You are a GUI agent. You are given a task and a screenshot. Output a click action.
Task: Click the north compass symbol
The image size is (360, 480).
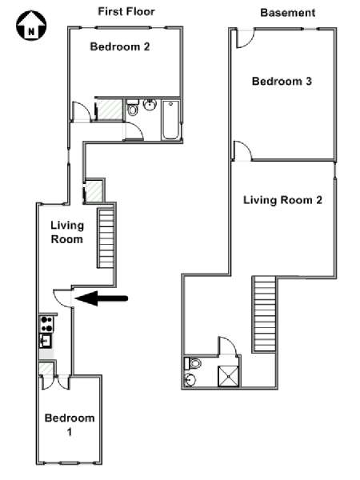(31, 25)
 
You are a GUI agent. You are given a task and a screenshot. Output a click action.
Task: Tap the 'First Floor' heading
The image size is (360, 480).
(126, 12)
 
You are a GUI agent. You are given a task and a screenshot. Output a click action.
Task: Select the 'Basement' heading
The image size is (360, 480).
(287, 13)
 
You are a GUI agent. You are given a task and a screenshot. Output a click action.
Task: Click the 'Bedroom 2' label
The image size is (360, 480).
(120, 47)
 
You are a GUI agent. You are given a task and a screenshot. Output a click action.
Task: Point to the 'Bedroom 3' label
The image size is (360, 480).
(282, 81)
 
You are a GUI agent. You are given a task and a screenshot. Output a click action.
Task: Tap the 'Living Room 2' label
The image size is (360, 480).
(282, 200)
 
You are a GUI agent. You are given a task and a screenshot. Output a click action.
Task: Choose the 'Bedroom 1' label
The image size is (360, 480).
(70, 425)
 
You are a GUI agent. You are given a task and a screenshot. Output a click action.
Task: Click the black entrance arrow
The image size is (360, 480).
(101, 298)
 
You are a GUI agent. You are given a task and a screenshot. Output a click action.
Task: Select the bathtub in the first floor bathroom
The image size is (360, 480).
(170, 120)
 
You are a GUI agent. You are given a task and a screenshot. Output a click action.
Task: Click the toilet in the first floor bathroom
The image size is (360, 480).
(133, 108)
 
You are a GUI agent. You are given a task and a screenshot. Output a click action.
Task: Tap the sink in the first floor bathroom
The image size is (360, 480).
(150, 105)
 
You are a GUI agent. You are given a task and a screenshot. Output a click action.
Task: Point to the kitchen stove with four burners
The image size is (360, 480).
(46, 324)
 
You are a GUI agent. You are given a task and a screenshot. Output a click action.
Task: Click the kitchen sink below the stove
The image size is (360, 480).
(46, 341)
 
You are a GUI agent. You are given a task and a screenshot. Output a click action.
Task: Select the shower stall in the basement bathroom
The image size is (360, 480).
(228, 376)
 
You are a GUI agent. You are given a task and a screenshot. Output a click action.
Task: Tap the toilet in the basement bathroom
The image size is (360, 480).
(193, 364)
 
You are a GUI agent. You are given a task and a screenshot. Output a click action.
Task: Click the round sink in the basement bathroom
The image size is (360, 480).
(190, 380)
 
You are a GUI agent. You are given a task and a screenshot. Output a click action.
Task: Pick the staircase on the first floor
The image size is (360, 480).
(106, 238)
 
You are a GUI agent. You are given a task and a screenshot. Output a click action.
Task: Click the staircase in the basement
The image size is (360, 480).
(265, 314)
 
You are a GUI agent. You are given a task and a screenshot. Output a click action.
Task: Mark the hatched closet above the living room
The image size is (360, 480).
(94, 191)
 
